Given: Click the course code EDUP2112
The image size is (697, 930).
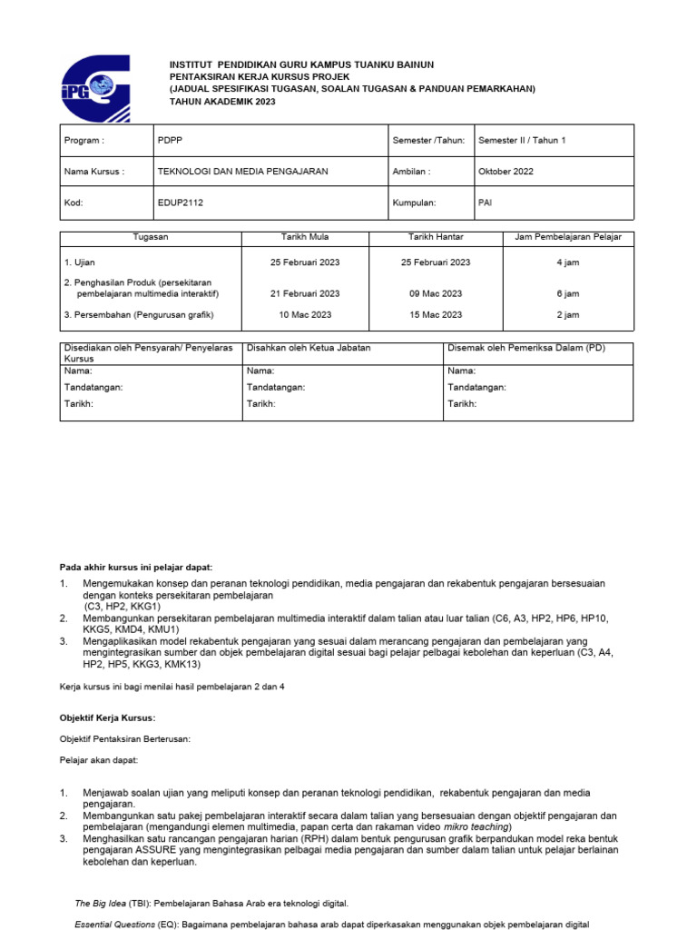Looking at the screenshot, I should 181,203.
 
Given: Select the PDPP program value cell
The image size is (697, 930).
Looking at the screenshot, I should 170,141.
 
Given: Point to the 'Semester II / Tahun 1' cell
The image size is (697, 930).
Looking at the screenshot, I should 522,141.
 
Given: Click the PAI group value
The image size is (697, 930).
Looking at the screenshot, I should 486,203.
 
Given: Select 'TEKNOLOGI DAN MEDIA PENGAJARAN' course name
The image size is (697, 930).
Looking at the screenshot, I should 243,171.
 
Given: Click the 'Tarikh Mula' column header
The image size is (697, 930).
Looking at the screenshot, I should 305,237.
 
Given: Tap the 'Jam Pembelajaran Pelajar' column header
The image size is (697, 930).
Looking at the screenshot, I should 568,237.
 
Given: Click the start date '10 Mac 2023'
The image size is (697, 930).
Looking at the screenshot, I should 305,314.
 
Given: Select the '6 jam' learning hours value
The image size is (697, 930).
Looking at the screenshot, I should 568,293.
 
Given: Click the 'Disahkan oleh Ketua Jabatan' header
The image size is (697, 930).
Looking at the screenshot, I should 309,348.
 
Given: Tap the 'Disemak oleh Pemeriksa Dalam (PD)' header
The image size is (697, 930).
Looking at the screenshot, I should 526,348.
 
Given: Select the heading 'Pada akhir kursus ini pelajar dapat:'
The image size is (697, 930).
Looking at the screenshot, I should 136,567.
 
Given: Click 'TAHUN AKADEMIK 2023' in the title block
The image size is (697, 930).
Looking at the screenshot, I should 222,102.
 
